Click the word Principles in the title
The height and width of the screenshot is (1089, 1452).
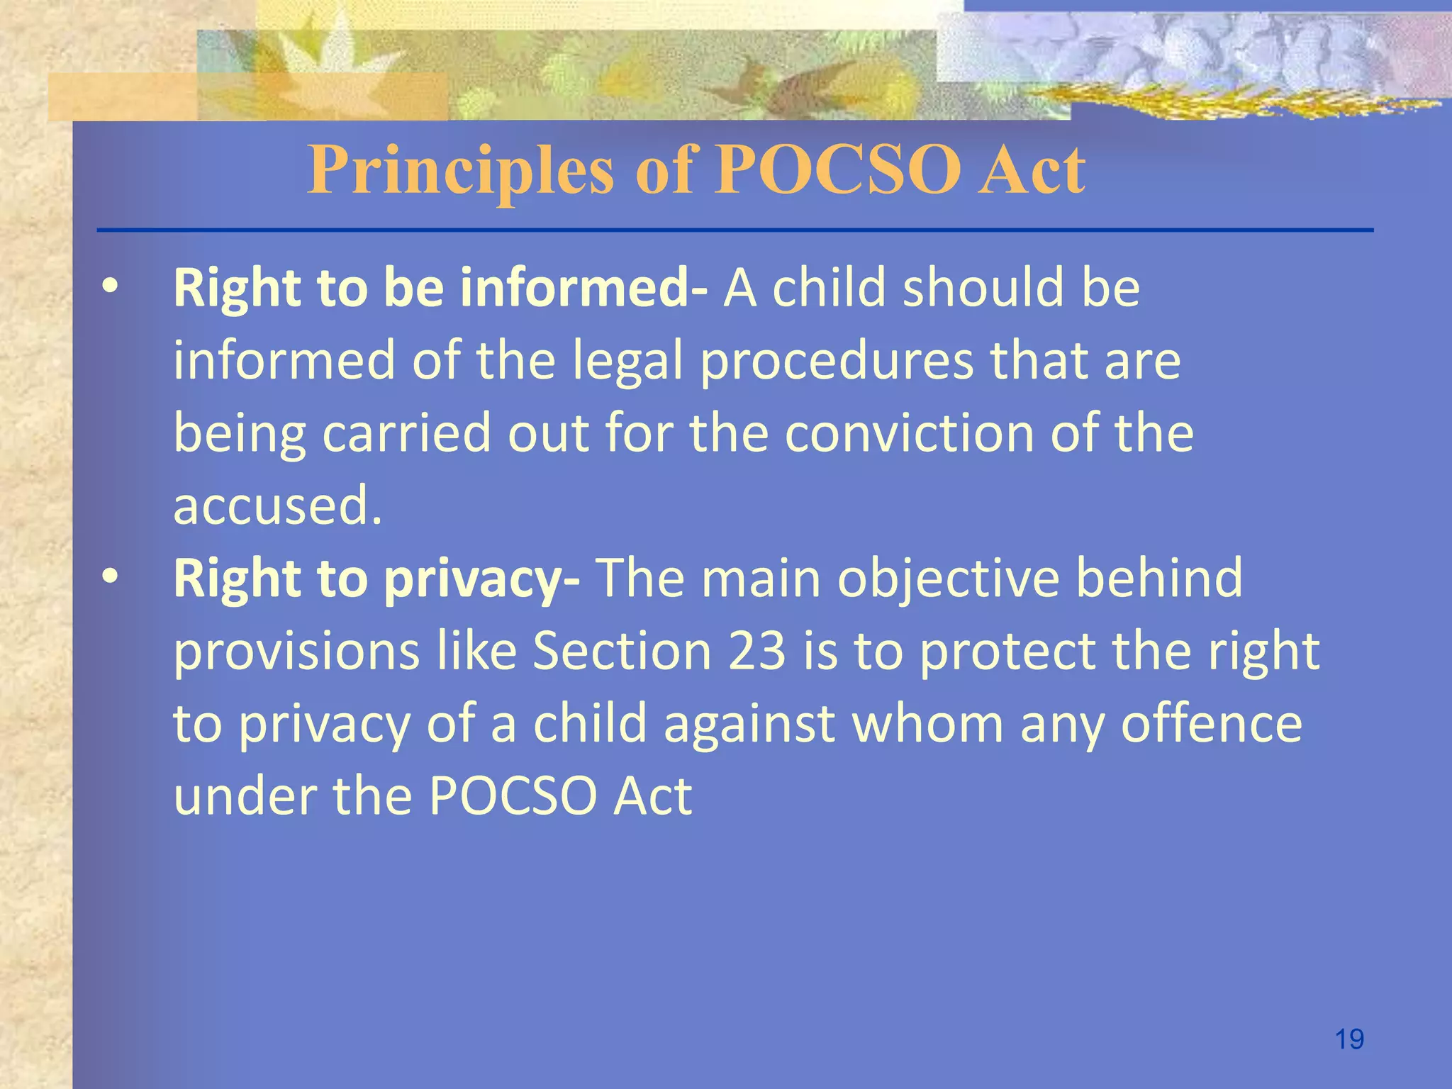[x=461, y=170]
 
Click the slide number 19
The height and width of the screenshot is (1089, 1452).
[x=1349, y=1039]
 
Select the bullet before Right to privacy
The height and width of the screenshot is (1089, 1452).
[x=109, y=578]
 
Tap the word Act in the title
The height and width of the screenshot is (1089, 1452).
[x=1031, y=170]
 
